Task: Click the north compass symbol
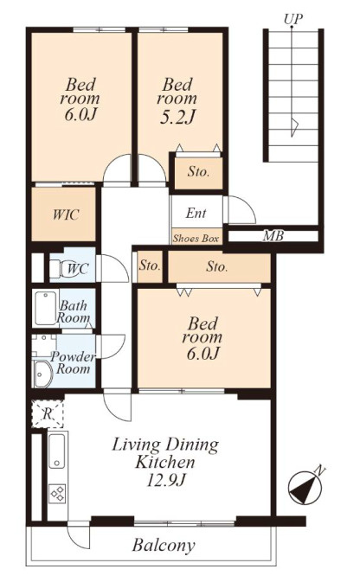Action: (x=305, y=488)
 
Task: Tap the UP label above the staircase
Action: (x=293, y=18)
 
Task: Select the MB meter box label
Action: (x=273, y=236)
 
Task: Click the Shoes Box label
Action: (x=196, y=239)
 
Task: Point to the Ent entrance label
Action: (x=196, y=213)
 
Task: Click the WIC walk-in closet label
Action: (x=66, y=214)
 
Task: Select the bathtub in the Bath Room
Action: (x=46, y=308)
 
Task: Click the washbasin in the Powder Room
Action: (x=43, y=374)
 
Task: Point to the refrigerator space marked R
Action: (x=48, y=413)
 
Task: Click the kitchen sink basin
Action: (x=56, y=451)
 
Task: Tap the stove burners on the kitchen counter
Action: (x=58, y=494)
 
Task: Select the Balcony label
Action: (x=164, y=546)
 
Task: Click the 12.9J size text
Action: (x=165, y=481)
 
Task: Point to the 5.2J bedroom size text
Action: (x=177, y=117)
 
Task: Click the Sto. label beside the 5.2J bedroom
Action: (x=198, y=171)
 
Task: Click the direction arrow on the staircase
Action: (x=292, y=127)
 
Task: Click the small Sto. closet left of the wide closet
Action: (x=150, y=266)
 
